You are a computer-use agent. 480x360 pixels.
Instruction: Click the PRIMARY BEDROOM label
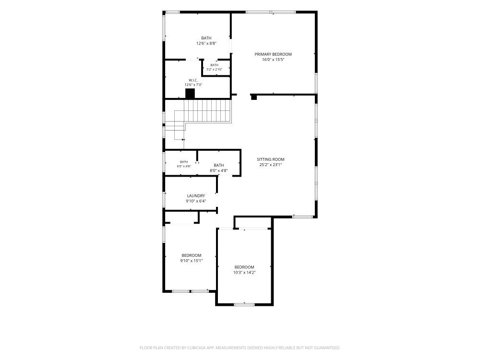click(x=273, y=54)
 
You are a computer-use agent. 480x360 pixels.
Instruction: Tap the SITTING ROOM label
click(x=271, y=159)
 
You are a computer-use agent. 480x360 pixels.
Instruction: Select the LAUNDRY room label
click(x=196, y=196)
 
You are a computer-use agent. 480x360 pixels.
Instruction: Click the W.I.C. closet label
click(x=193, y=80)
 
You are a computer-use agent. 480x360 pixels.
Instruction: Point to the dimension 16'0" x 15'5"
click(x=273, y=60)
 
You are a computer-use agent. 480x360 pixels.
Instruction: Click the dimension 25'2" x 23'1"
click(x=271, y=165)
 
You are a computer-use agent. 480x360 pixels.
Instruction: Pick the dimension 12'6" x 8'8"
click(x=206, y=44)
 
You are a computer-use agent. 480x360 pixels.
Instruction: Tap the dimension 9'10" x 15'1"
click(x=192, y=261)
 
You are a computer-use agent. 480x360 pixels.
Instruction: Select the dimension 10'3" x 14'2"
click(x=244, y=273)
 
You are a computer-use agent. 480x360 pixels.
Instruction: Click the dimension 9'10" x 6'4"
click(x=196, y=201)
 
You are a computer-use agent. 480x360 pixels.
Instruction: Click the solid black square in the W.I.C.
click(x=190, y=94)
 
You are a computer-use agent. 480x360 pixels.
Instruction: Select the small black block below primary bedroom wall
click(x=254, y=97)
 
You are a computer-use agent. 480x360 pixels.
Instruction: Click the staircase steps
click(x=202, y=111)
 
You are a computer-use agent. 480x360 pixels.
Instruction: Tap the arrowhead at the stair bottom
click(x=183, y=140)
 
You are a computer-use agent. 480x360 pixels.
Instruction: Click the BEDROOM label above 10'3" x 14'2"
click(x=244, y=267)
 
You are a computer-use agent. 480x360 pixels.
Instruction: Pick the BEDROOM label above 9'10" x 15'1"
click(x=192, y=255)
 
